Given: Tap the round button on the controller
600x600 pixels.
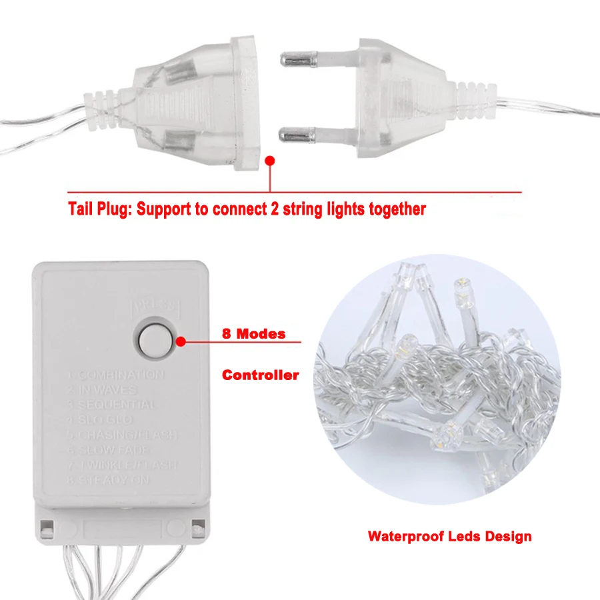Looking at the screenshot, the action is click(x=155, y=341).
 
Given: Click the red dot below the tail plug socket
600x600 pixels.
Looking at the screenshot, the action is click(x=270, y=161).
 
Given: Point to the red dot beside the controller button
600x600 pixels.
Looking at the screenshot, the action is click(x=181, y=341).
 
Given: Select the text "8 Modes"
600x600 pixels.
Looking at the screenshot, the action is click(x=254, y=334).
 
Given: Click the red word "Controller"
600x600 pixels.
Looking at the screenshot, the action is click(x=261, y=375).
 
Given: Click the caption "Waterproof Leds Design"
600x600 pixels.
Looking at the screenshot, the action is click(x=449, y=536).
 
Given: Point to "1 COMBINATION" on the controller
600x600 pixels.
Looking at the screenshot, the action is click(x=117, y=375).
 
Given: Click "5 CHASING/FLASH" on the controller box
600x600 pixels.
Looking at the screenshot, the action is click(x=124, y=435).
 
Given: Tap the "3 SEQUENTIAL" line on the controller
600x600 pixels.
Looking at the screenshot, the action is click(x=113, y=405).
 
